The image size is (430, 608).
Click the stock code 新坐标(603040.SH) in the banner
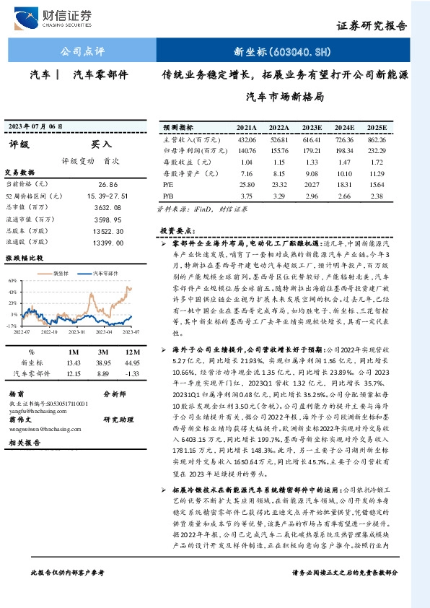[282, 51]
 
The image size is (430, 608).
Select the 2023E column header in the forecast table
[312, 127]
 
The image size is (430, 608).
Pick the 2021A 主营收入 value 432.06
[247, 139]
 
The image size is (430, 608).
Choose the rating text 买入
[101, 144]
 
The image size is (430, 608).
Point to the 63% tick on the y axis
[12, 279]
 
